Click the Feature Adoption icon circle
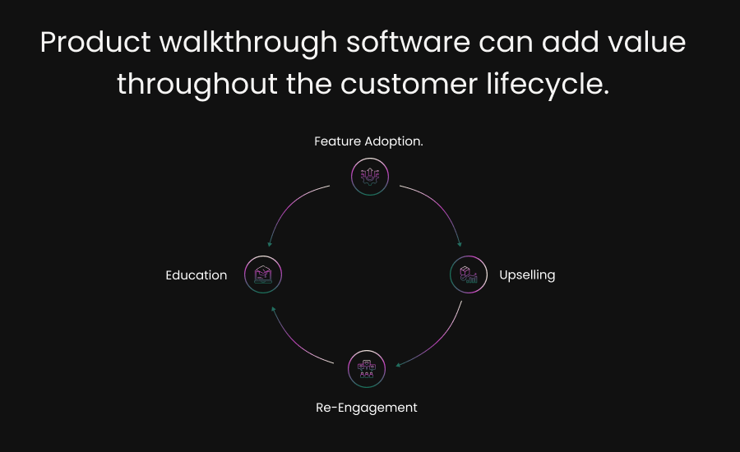coord(369,176)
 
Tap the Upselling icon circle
coord(469,274)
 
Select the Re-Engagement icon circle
coord(367,369)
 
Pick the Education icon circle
coord(263,274)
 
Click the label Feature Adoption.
coord(368,141)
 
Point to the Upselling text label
coord(527,274)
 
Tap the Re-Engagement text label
coord(367,407)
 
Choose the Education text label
coord(196,275)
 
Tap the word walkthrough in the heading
coord(247,43)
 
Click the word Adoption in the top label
coord(393,141)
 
